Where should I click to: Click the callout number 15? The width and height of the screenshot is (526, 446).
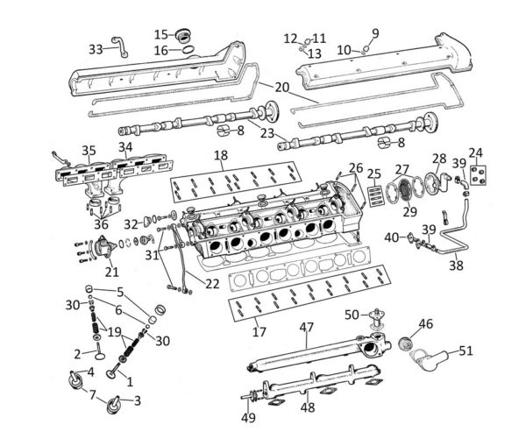click(161, 34)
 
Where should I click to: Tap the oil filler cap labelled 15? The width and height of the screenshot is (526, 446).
click(183, 36)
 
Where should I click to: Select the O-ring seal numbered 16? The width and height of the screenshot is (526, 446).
click(188, 50)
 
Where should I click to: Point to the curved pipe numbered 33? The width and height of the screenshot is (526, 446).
click(120, 46)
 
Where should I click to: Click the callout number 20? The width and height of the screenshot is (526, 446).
click(281, 88)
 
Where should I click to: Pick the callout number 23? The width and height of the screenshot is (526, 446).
click(267, 133)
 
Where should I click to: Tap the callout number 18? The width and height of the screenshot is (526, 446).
click(221, 155)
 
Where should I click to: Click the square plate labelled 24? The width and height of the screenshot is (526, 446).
click(478, 175)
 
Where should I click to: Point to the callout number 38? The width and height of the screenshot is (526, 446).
click(456, 265)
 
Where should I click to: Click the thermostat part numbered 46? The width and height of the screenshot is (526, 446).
click(404, 343)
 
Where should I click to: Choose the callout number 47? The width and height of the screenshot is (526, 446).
click(307, 327)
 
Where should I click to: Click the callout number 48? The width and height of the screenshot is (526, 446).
click(308, 407)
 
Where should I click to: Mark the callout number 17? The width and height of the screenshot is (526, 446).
click(259, 331)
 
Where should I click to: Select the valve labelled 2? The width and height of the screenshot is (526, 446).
click(100, 351)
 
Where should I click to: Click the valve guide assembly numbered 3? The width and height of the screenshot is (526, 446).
click(115, 406)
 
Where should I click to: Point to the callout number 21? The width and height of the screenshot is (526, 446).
click(111, 272)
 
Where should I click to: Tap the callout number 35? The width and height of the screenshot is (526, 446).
click(89, 151)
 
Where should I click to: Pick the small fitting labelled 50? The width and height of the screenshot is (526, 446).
click(376, 319)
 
